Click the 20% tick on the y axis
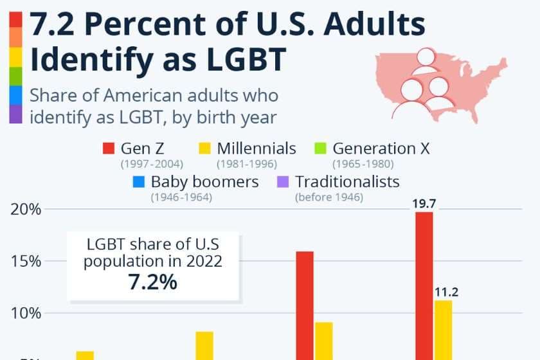[26, 210]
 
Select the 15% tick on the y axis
[26, 262]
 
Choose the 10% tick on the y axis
[26, 314]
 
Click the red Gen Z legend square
[109, 149]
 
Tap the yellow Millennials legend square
[205, 149]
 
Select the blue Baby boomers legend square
[138, 183]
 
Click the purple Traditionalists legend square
[283, 183]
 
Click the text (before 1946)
[328, 197]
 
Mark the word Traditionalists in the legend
[347, 182]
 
